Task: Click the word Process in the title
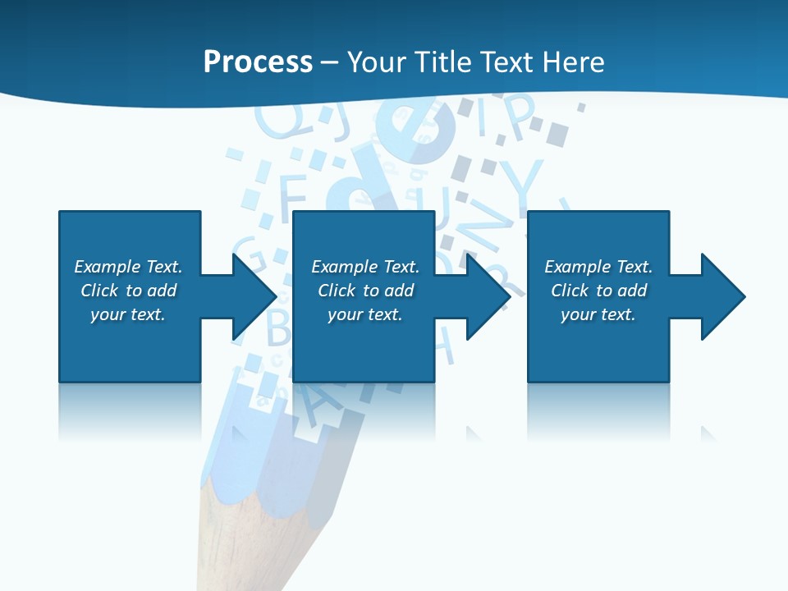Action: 258,62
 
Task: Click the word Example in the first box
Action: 108,267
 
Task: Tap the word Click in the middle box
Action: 337,291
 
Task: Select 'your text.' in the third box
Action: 598,314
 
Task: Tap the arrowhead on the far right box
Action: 722,296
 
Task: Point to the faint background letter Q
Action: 275,121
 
